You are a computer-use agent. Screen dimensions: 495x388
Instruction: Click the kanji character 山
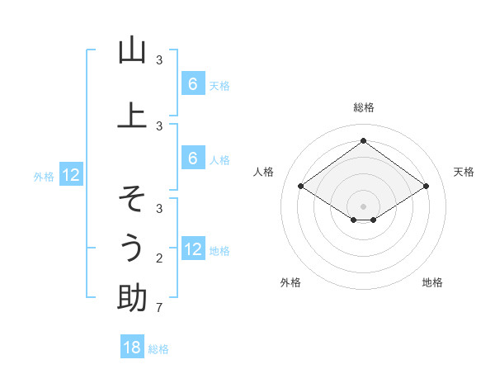(x=132, y=51)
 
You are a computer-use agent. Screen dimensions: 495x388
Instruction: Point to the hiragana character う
(x=132, y=248)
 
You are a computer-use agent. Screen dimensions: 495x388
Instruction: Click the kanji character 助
(x=132, y=298)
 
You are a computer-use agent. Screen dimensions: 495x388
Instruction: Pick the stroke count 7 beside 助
(x=158, y=308)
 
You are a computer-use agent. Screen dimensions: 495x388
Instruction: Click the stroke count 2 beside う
(x=158, y=258)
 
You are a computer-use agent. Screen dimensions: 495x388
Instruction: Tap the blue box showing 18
(x=132, y=348)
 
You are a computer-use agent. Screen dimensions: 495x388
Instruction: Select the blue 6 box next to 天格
(x=192, y=84)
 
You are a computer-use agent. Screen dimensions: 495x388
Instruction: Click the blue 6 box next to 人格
(x=192, y=159)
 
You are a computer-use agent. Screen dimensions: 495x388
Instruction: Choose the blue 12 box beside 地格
(x=192, y=249)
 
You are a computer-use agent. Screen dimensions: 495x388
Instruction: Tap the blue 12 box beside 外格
(x=70, y=175)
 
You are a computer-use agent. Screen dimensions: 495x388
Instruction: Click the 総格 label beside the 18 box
(x=158, y=349)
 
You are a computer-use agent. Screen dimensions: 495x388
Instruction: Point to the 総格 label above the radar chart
(x=363, y=107)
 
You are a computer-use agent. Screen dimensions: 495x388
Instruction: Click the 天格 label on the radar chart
(x=464, y=172)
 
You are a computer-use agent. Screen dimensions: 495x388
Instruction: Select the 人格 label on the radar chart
(x=263, y=172)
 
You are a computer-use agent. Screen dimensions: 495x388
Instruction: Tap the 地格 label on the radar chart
(x=432, y=282)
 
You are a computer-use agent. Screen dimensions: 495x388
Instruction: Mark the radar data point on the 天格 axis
(x=426, y=187)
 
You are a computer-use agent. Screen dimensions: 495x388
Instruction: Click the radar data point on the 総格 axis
(x=363, y=141)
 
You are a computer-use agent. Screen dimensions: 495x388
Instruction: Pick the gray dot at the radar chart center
(x=363, y=206)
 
